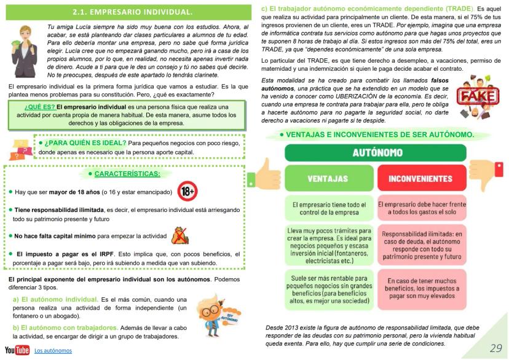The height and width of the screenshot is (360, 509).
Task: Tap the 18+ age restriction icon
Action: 187,192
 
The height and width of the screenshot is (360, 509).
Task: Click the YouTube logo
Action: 17,350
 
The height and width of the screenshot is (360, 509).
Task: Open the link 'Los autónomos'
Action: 53,350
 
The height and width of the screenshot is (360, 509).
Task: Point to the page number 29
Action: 495,348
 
